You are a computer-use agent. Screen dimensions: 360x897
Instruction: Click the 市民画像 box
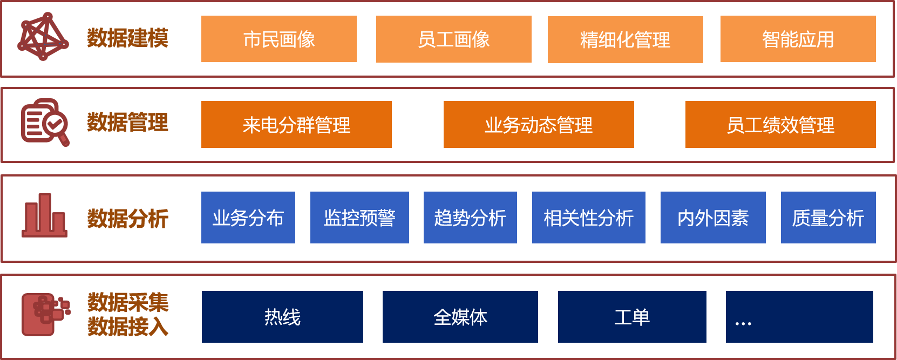(278, 39)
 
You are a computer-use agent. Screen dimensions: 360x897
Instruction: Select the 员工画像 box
(453, 39)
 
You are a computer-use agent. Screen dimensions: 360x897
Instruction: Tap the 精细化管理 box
(625, 39)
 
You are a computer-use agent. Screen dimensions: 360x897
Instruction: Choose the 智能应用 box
(798, 39)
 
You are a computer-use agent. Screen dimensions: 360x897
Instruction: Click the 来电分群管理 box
(296, 125)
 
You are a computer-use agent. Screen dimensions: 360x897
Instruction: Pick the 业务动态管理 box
(539, 125)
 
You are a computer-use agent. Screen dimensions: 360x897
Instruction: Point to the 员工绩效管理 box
(780, 125)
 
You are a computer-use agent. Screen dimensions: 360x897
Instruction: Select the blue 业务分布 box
(248, 218)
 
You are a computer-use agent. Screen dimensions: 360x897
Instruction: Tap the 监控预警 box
(359, 218)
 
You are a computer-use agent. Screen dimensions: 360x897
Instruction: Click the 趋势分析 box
(470, 218)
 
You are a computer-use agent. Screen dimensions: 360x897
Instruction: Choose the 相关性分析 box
(588, 218)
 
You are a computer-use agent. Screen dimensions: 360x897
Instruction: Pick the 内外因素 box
(713, 218)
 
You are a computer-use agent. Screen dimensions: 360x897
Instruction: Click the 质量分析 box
(828, 218)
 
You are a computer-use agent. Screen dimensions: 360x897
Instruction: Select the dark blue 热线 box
(282, 317)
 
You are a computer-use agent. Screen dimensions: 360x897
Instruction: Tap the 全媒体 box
(460, 317)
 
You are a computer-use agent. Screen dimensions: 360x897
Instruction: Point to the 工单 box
(632, 317)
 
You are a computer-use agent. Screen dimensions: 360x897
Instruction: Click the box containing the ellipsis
(799, 317)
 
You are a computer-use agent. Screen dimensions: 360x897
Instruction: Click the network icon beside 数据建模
(43, 36)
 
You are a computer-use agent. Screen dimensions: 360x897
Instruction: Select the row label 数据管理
(128, 123)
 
